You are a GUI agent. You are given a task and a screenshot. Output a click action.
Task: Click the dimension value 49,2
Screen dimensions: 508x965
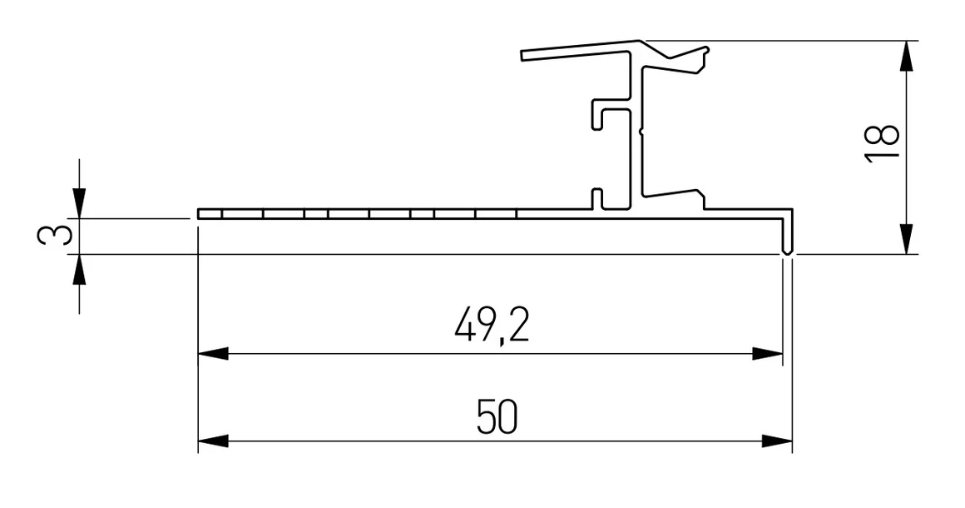point(492,326)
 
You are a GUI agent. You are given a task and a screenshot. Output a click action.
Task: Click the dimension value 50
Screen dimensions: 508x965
point(497,416)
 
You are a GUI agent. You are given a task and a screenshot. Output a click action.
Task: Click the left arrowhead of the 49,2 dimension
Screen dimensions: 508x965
point(213,354)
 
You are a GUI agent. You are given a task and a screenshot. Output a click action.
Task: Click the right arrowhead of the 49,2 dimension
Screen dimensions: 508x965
point(767,354)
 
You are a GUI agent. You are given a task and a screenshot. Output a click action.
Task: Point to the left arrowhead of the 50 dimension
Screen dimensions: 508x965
point(213,441)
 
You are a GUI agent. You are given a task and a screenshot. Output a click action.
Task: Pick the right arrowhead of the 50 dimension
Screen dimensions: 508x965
point(777,441)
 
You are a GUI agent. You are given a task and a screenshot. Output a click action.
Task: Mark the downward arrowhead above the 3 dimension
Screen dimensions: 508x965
point(79,202)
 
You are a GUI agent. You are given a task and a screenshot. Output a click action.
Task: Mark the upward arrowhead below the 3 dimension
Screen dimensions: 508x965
point(79,270)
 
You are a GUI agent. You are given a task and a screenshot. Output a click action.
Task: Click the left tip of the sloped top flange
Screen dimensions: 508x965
point(525,56)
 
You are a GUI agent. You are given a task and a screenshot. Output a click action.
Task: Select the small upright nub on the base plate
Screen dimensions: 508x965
point(596,198)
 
